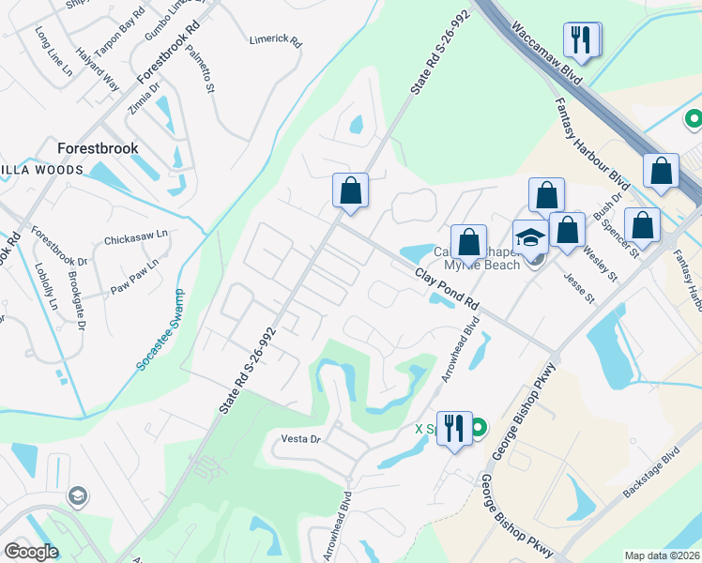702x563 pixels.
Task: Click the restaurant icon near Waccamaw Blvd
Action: (581, 39)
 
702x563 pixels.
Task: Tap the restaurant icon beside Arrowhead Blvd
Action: (454, 429)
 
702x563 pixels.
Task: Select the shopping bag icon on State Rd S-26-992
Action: (350, 190)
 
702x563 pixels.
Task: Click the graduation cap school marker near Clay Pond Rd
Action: (530, 237)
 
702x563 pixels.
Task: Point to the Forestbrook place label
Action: (98, 148)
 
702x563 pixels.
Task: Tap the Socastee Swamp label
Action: (160, 332)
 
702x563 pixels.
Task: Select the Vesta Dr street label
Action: (301, 438)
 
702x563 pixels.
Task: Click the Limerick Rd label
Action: (275, 41)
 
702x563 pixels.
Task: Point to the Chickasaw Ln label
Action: (136, 238)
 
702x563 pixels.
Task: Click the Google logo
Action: (31, 551)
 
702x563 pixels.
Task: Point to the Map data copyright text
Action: (662, 555)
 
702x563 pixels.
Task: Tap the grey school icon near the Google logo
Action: (77, 495)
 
